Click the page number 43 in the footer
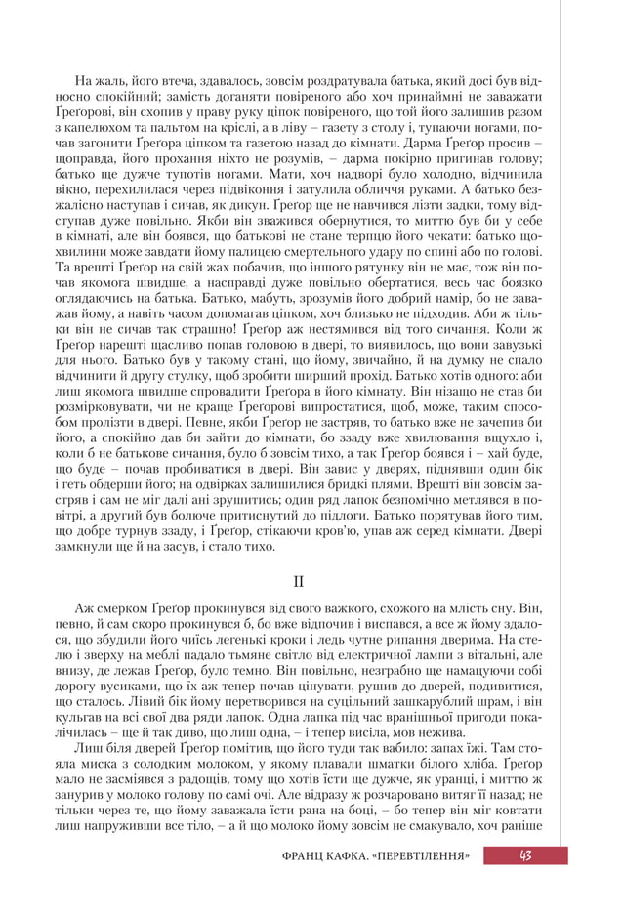pos(525,855)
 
